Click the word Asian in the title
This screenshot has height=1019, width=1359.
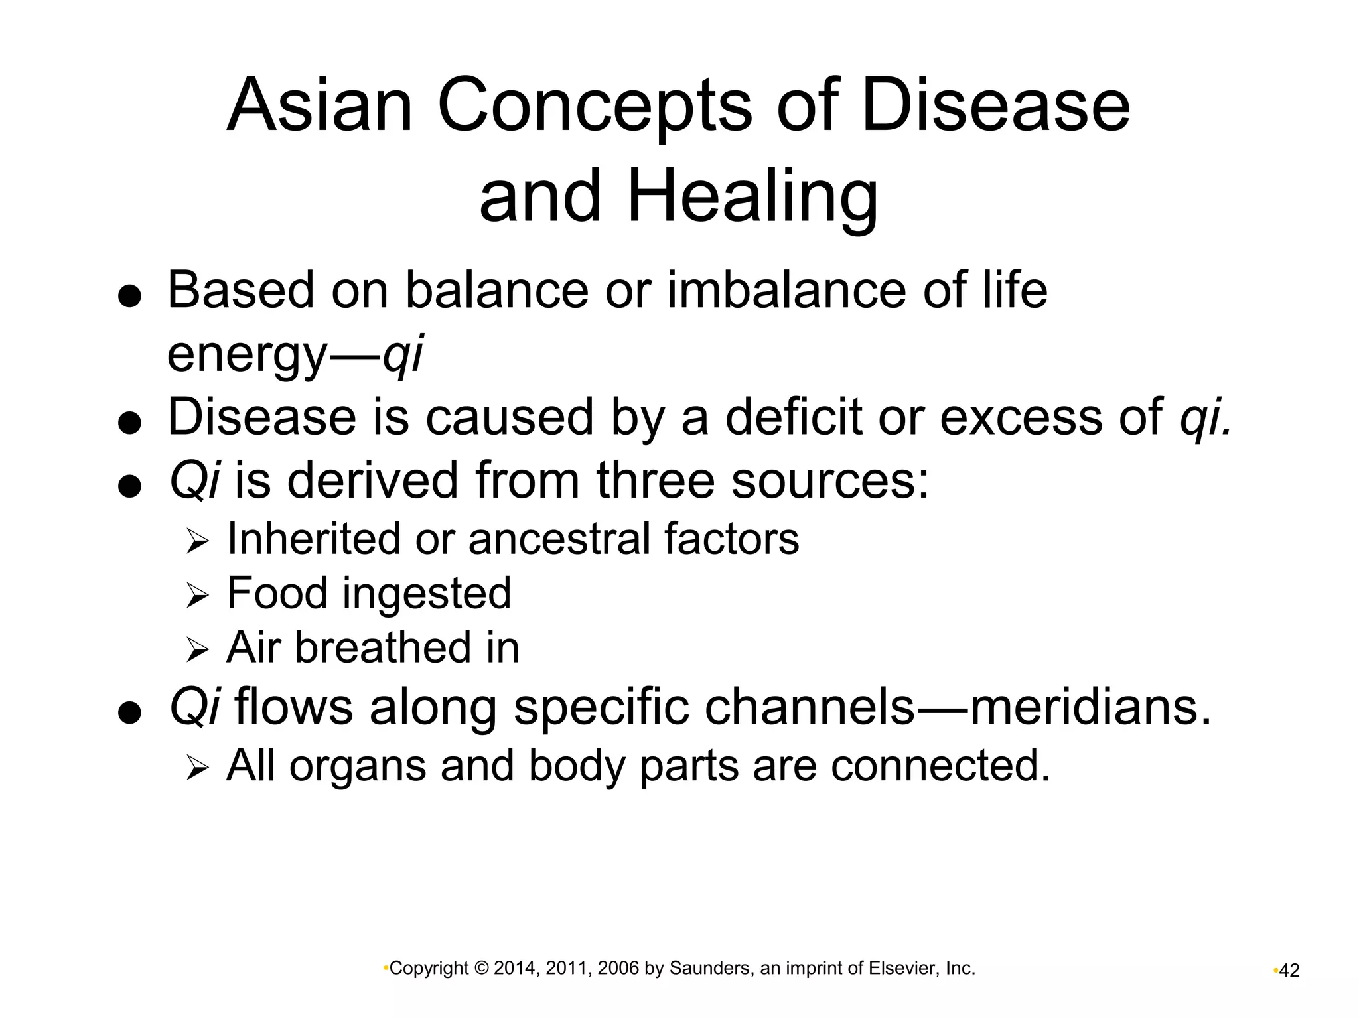click(x=319, y=106)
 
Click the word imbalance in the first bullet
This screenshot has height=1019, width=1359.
click(x=786, y=291)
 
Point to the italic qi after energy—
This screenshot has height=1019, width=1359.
click(x=403, y=355)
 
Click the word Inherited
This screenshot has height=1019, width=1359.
click(x=313, y=538)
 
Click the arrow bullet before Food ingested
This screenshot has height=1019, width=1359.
click(x=197, y=596)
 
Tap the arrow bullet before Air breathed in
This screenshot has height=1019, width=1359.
click(x=197, y=650)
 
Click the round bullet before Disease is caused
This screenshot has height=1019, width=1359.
click(x=129, y=423)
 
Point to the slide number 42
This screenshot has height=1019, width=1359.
click(x=1289, y=971)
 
